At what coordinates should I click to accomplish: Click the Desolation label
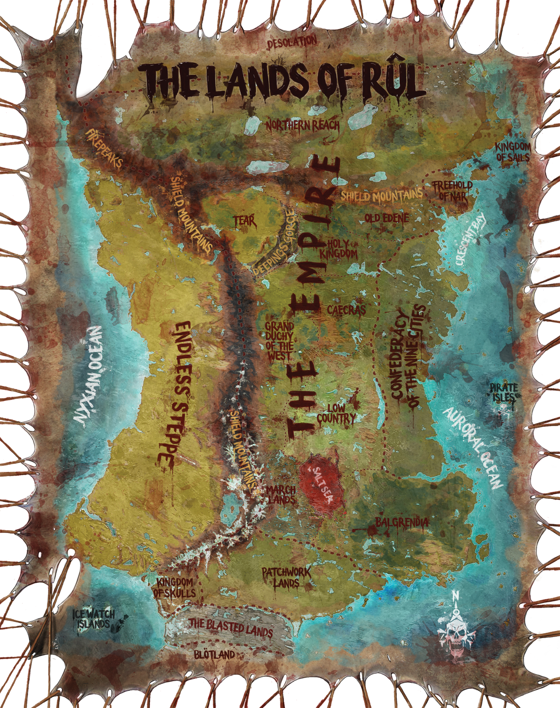coord(292,42)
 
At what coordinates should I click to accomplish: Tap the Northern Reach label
coord(302,125)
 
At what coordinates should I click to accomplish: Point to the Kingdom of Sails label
coord(512,152)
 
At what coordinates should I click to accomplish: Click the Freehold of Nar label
coord(452,191)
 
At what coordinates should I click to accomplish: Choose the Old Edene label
coord(386,218)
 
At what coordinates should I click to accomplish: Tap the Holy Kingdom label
coord(339,249)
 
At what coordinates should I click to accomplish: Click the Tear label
coord(245,221)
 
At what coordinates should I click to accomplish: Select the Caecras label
coord(346,310)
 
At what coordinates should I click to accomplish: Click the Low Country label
coord(336,414)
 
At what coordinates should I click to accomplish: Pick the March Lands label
coord(281,495)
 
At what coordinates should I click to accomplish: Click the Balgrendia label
coord(401,523)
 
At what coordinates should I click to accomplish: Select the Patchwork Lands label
coord(286,577)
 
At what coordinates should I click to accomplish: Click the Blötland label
coord(214,654)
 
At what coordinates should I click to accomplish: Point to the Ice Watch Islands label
coord(94,619)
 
